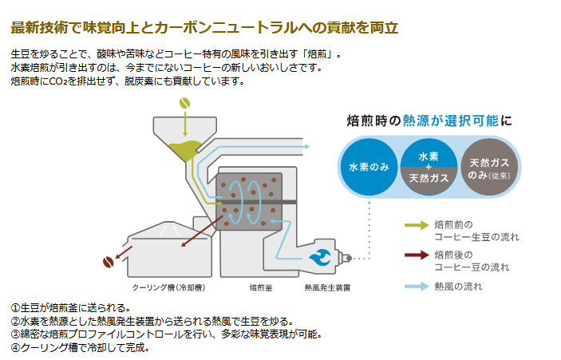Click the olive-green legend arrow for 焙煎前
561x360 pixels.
click(416, 225)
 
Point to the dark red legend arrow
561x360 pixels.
click(416, 255)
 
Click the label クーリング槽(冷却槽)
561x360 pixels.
click(167, 286)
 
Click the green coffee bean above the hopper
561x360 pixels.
click(184, 103)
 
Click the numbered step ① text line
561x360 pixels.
click(71, 307)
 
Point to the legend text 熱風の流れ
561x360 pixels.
click(458, 286)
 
